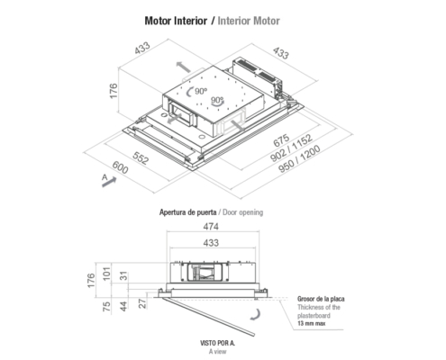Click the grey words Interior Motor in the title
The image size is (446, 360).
click(x=249, y=21)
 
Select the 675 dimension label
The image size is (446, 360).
click(x=281, y=139)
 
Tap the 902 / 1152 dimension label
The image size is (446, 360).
click(x=291, y=148)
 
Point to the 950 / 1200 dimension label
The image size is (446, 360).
click(x=299, y=159)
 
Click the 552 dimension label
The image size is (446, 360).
click(x=141, y=157)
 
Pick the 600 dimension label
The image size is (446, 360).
click(x=120, y=167)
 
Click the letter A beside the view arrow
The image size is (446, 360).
click(x=105, y=177)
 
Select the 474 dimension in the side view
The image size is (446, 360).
click(x=211, y=227)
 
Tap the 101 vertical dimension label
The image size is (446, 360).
click(x=106, y=274)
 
